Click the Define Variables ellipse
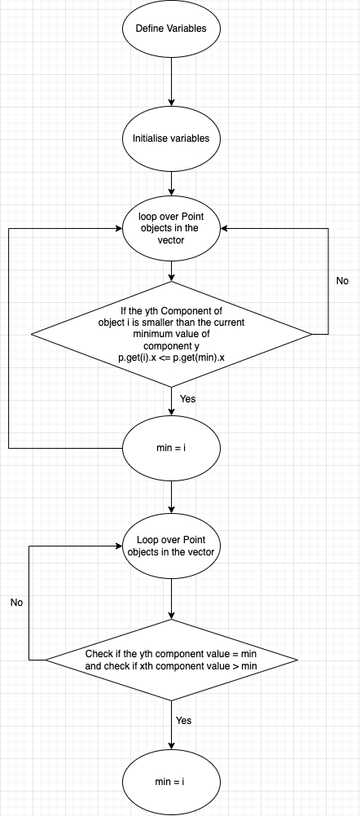pos(171,29)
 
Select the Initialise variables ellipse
pos(171,138)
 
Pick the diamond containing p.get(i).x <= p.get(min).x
pos(171,334)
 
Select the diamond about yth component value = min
pos(171,660)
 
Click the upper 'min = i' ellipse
pos(171,448)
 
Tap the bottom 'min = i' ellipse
pos(171,781)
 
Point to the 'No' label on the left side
pos(17,603)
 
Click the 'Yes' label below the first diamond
pos(187,399)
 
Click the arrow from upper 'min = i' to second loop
pos(171,497)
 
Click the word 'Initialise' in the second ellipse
pos(152,138)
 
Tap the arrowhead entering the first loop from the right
pos(226,229)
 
